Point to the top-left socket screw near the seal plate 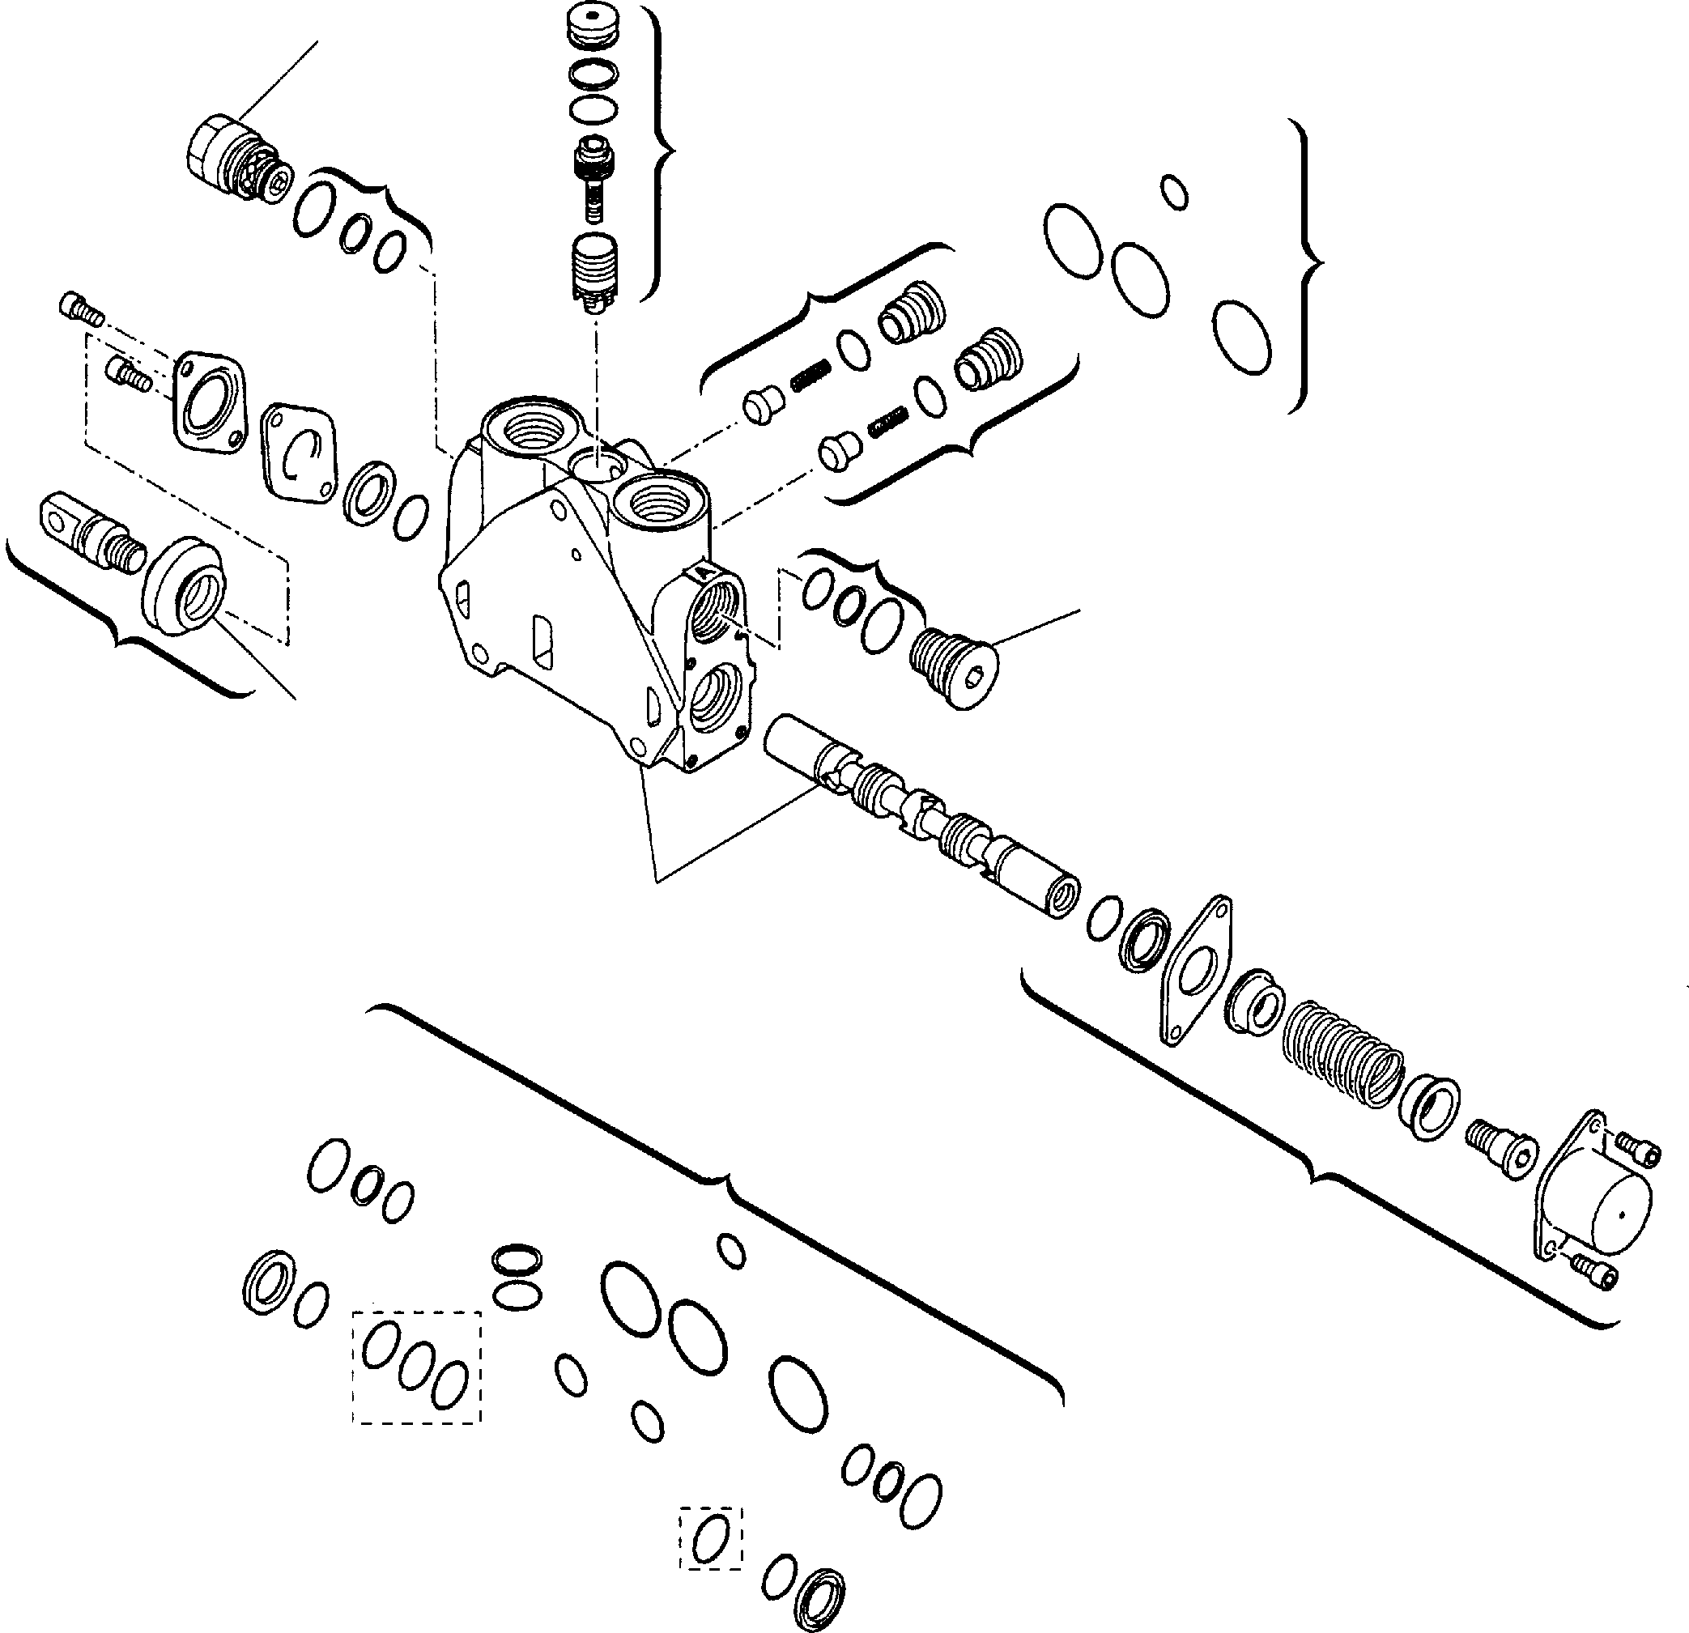(81, 308)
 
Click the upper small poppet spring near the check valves (810, 375)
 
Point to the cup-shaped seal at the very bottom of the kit (819, 1594)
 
